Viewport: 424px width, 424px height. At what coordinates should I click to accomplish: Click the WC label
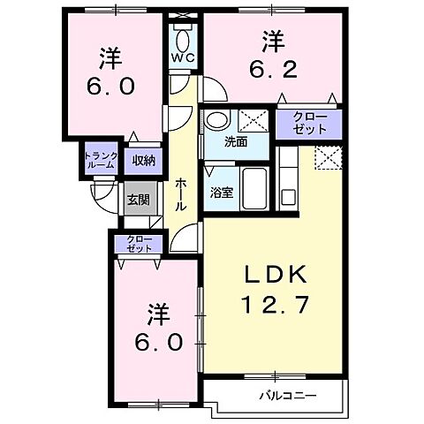pyautogui.click(x=183, y=58)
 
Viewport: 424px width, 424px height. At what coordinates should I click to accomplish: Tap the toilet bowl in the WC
pyautogui.click(x=183, y=39)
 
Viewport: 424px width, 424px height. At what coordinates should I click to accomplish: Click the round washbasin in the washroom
pyautogui.click(x=216, y=120)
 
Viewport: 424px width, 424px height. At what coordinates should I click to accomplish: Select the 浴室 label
pyautogui.click(x=222, y=193)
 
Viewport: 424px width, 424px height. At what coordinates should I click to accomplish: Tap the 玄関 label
pyautogui.click(x=137, y=200)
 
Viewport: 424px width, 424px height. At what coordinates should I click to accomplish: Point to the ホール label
pyautogui.click(x=181, y=193)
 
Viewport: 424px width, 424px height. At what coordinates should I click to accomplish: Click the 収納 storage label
pyautogui.click(x=143, y=160)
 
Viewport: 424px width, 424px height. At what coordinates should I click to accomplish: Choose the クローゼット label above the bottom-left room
pyautogui.click(x=138, y=244)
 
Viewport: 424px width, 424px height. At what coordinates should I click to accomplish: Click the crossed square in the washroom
pyautogui.click(x=255, y=120)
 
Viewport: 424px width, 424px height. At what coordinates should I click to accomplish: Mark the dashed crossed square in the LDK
pyautogui.click(x=327, y=158)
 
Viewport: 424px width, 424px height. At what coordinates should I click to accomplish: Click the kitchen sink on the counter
pyautogui.click(x=287, y=195)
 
